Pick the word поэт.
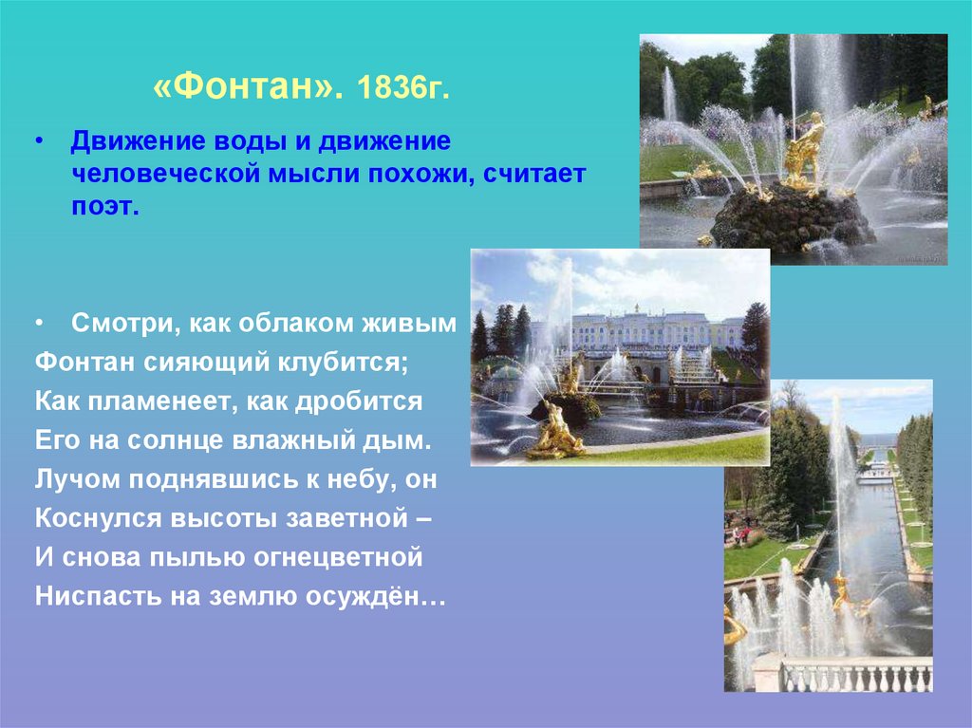click(104, 208)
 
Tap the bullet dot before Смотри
click(40, 323)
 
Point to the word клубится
click(345, 363)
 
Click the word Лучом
click(75, 480)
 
